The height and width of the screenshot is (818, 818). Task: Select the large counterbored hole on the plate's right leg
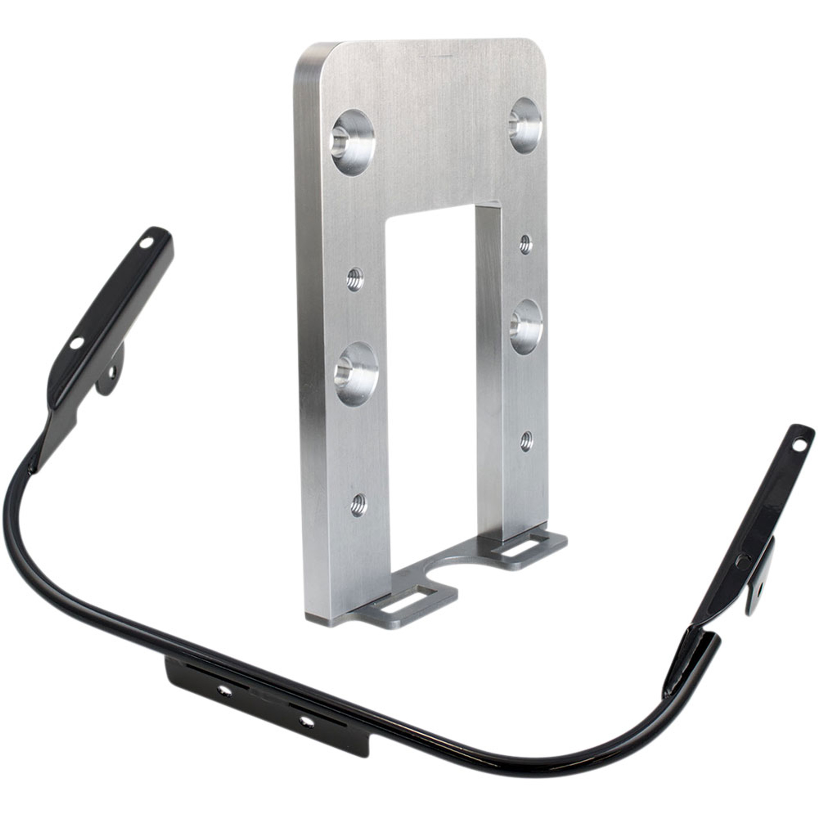(x=526, y=320)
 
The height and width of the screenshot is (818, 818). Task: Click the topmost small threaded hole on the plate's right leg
(x=525, y=244)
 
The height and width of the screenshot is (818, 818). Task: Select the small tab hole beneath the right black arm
(x=758, y=587)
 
